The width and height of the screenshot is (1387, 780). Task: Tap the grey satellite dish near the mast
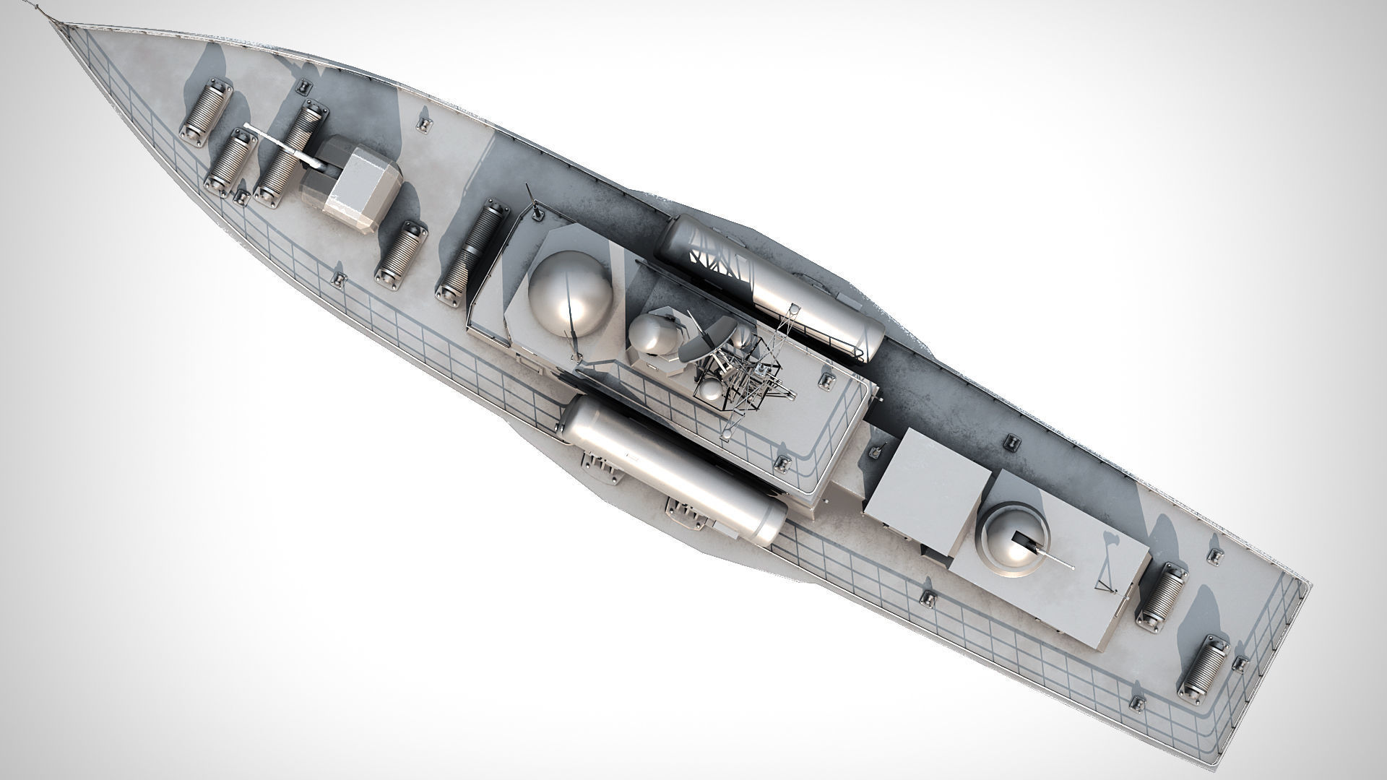pyautogui.click(x=703, y=342)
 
